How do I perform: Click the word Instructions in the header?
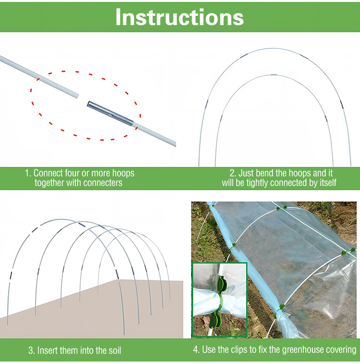180,17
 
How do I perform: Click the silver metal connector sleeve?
110,114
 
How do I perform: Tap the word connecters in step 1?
103,183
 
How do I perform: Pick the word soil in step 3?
115,351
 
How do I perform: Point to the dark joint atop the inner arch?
273,75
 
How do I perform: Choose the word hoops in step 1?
123,174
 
